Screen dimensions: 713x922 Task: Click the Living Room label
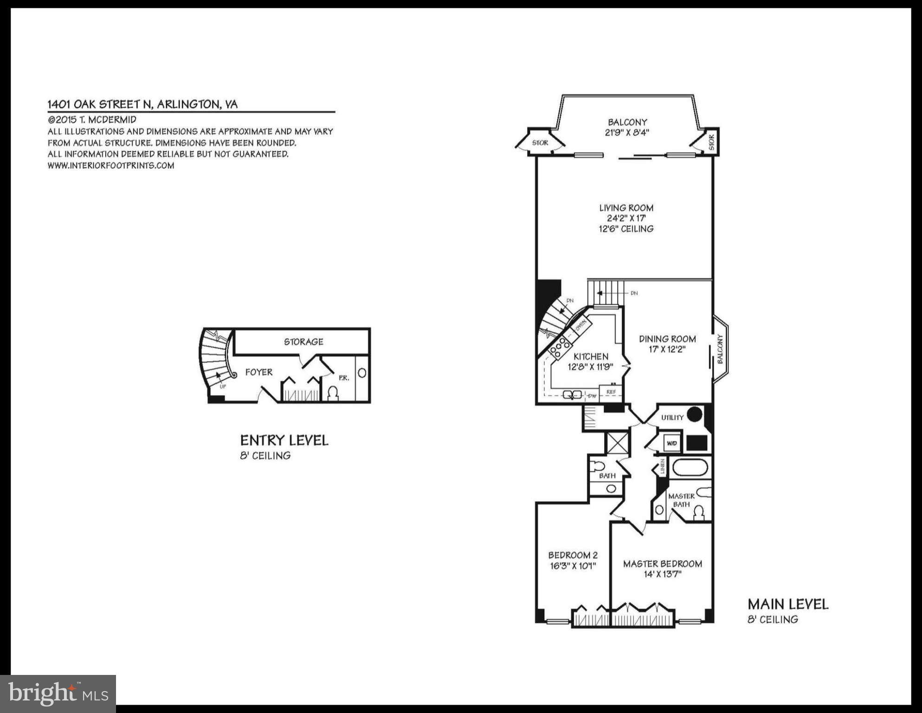626,208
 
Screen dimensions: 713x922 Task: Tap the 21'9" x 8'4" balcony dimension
627,133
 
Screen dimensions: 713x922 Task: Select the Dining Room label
667,339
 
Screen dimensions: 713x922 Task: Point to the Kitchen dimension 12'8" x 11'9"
590,367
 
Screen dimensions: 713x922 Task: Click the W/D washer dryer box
671,443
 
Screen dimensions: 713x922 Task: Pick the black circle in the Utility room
694,414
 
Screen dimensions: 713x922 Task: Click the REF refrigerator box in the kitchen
611,392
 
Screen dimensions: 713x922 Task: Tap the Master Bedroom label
662,564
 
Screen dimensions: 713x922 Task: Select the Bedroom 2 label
573,555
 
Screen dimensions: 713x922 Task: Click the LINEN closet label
663,467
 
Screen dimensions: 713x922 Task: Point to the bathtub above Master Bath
690,467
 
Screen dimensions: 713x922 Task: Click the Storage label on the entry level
303,342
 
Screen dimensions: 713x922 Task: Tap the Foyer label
258,372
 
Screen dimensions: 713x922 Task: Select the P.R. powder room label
343,378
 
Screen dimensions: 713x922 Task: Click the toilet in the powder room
333,394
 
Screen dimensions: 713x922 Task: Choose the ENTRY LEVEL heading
284,440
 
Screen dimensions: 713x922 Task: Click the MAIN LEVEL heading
787,604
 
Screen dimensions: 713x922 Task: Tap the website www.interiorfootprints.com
111,165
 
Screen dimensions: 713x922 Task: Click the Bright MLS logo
58,694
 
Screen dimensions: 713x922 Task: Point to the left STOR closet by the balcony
540,143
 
